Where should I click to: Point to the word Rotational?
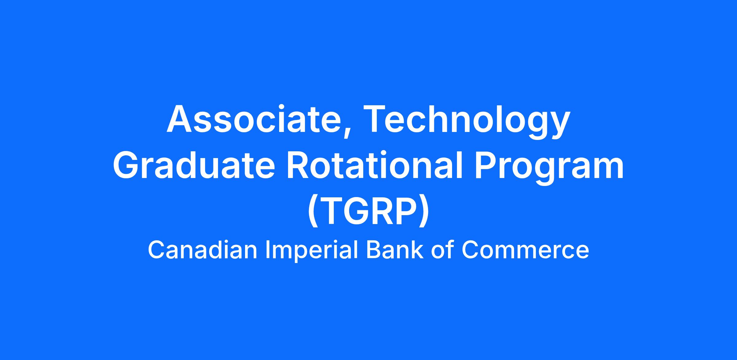click(x=374, y=165)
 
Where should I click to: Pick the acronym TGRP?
click(x=368, y=212)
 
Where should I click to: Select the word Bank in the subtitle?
click(x=396, y=250)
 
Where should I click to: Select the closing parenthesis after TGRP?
click(x=424, y=212)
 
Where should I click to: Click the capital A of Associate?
click(x=180, y=119)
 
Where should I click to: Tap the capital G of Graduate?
click(x=127, y=166)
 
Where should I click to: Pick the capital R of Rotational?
click(x=298, y=166)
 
